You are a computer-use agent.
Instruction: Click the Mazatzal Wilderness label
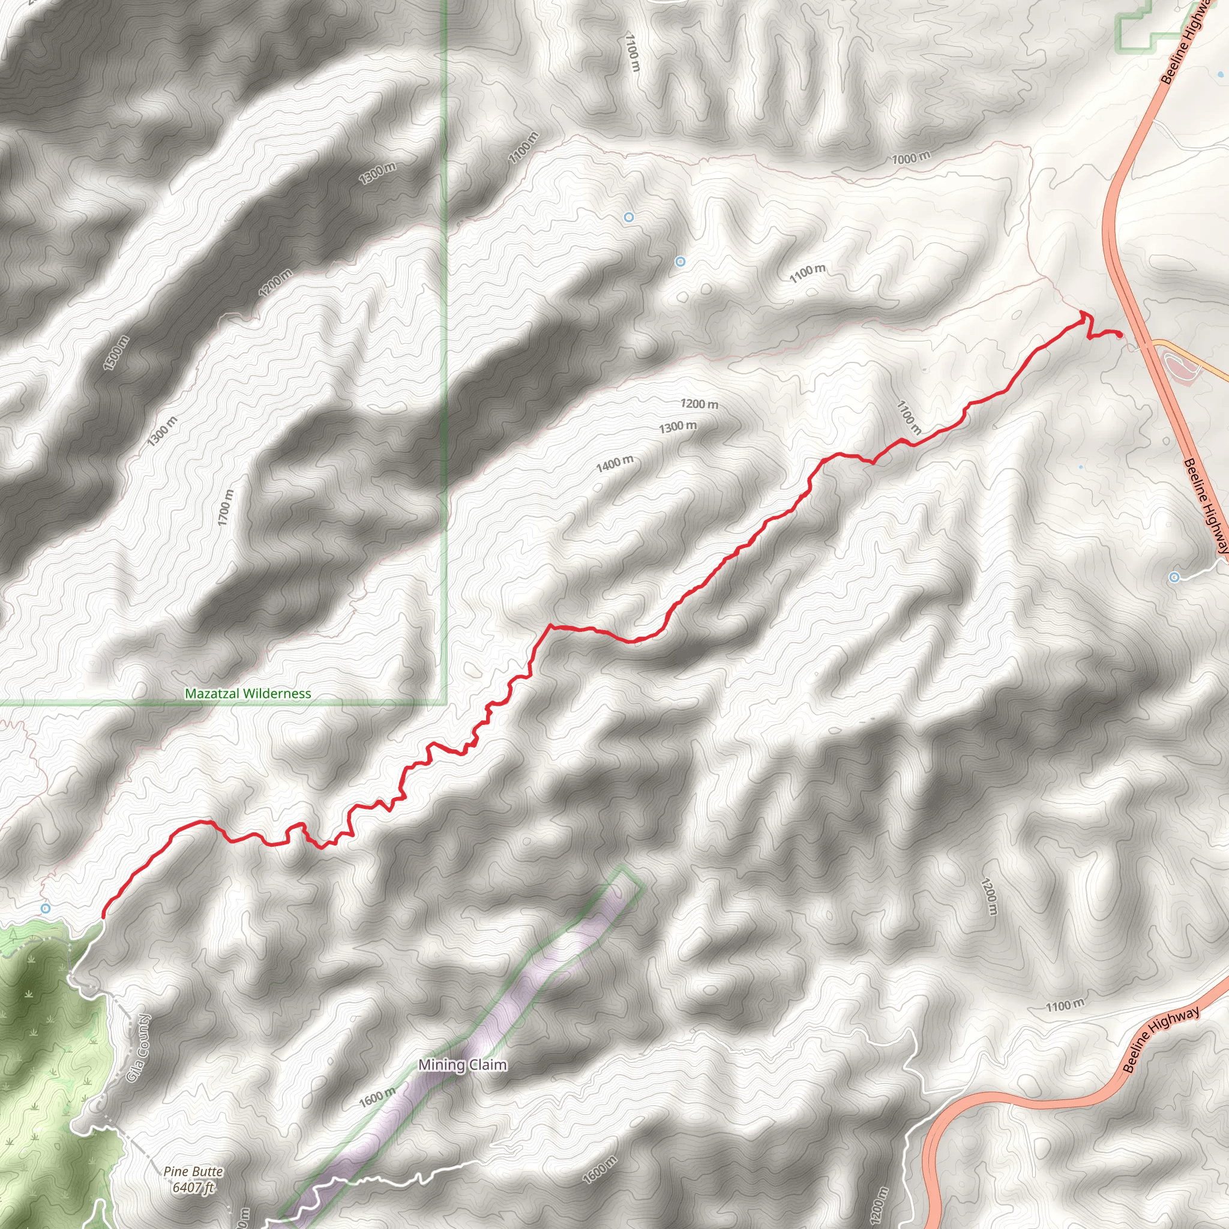[x=248, y=693]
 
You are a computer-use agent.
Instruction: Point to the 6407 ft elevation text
[x=193, y=1187]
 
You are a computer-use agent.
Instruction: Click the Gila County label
[x=139, y=1047]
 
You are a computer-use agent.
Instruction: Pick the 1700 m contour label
[x=225, y=508]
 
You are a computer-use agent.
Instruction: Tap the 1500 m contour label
[x=116, y=353]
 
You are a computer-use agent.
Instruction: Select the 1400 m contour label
[x=614, y=464]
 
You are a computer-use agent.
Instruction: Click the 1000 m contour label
[x=911, y=158]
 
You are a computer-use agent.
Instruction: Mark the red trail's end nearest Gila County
[x=104, y=917]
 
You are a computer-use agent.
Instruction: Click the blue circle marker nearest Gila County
[x=45, y=909]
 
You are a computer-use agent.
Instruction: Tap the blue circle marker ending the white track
[x=1174, y=577]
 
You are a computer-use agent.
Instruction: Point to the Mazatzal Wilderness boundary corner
[x=445, y=702]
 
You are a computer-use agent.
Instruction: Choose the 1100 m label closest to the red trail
[x=909, y=417]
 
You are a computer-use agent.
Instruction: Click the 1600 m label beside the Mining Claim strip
[x=377, y=1098]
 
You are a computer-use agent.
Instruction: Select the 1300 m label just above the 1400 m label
[x=678, y=427]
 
